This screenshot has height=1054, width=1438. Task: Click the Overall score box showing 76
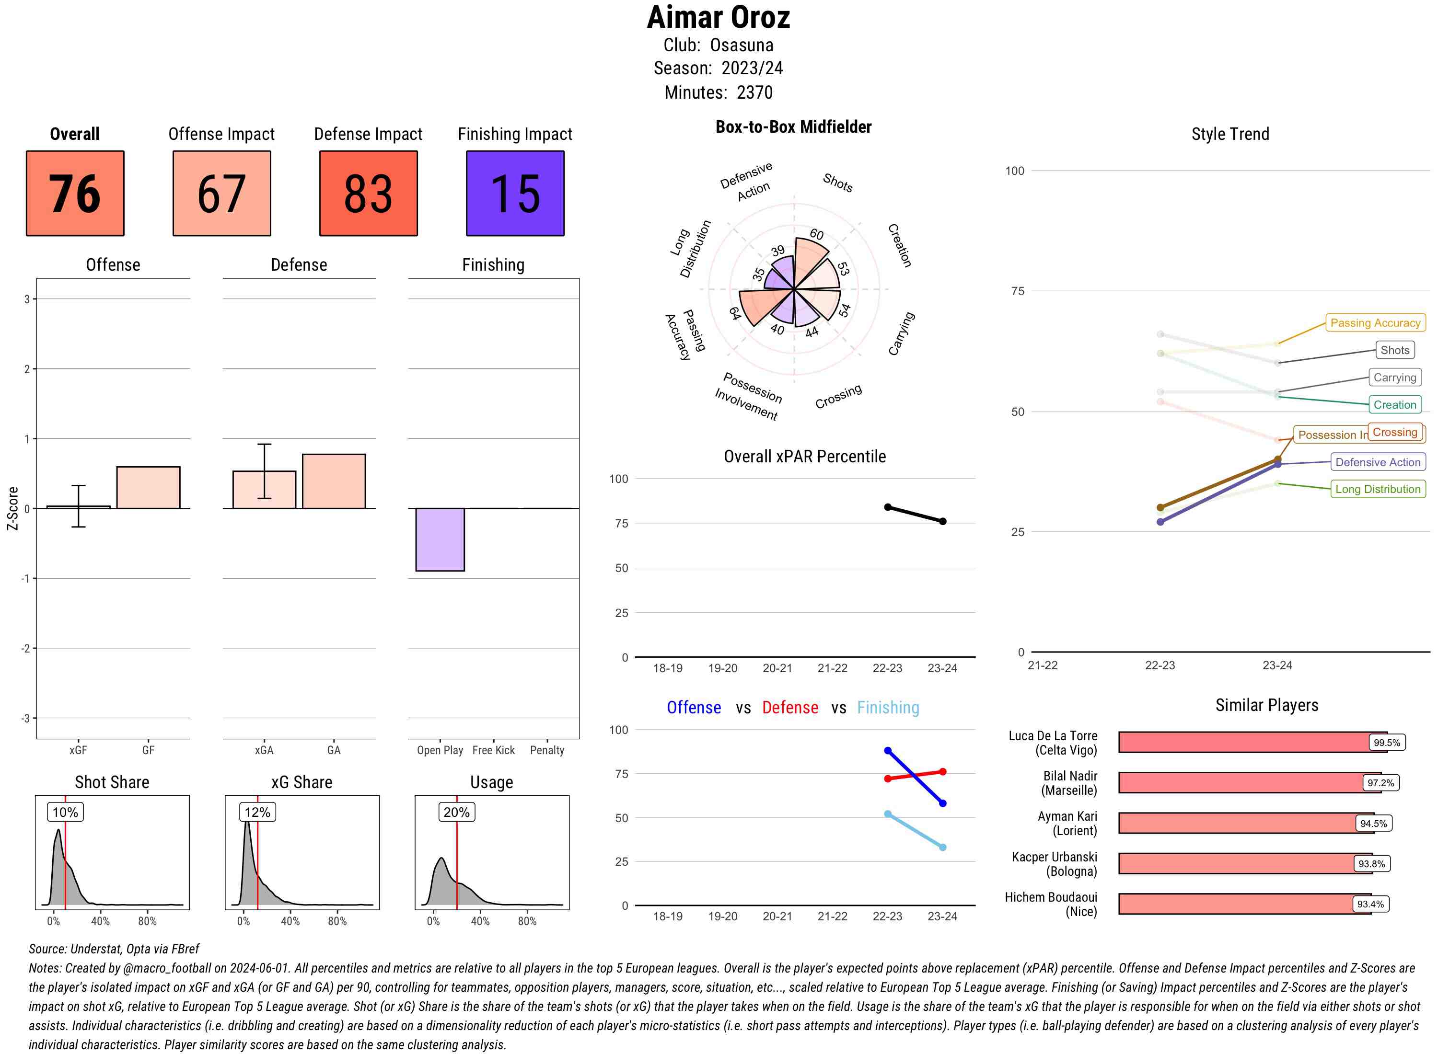75,194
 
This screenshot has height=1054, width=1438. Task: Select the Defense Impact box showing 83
368,194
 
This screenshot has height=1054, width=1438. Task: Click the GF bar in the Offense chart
148,487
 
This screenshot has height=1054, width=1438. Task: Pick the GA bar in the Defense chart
333,481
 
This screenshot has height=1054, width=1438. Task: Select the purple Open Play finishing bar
440,539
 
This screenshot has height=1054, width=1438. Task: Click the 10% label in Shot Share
65,812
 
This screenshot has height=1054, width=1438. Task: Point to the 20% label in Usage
456,812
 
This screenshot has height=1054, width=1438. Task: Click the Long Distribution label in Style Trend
1378,489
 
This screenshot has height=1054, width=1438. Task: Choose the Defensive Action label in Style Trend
1378,462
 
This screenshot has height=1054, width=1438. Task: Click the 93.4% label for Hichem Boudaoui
1370,904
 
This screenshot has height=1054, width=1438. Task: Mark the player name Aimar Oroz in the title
718,17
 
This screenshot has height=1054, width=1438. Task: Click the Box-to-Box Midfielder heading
793,127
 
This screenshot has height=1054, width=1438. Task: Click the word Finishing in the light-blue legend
888,708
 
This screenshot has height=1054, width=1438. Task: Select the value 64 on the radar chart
735,313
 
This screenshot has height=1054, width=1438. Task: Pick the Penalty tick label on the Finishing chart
547,750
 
